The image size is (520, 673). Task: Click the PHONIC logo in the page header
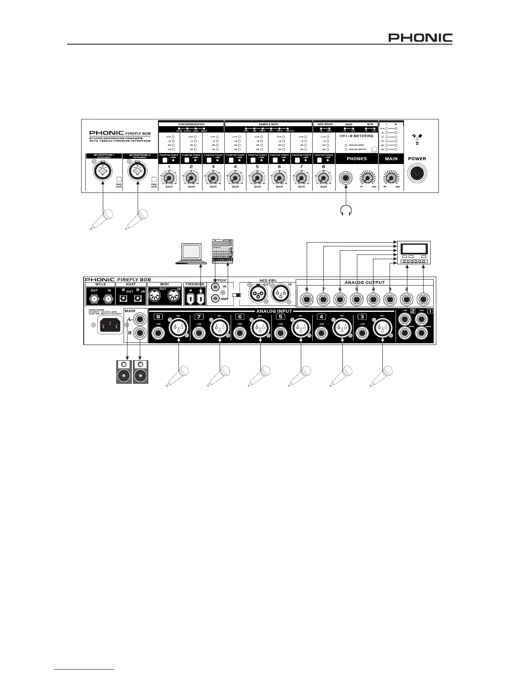point(421,38)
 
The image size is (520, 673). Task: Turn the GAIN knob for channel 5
point(256,178)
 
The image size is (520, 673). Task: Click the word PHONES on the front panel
point(356,159)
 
